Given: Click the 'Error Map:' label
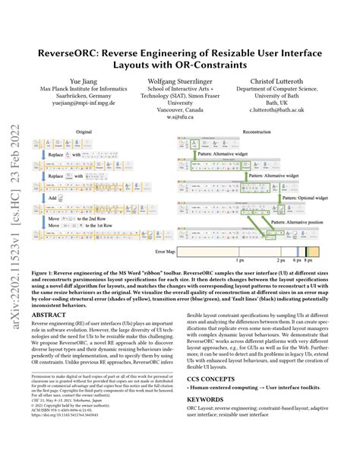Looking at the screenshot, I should pos(166,250).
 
